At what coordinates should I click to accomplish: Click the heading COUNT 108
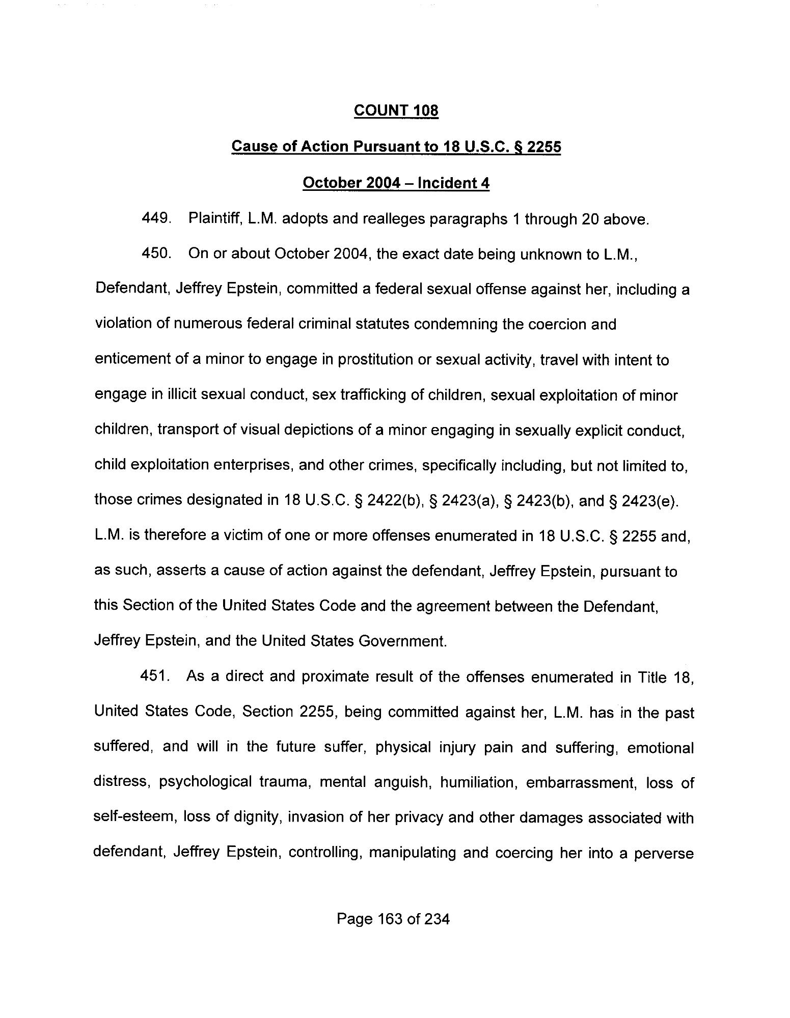[x=396, y=110]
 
